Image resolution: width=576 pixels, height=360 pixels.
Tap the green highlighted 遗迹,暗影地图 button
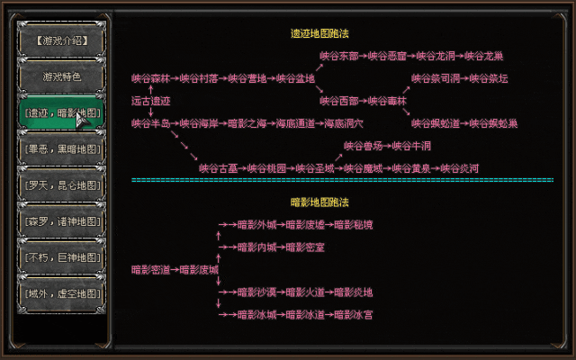(61, 112)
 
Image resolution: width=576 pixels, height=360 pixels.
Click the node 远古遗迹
(150, 101)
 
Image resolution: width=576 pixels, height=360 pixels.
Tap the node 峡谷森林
(149, 78)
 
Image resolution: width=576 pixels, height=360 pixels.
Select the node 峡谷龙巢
(483, 56)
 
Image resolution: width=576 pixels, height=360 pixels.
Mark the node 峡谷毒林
(388, 101)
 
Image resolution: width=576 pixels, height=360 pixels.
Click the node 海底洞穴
(343, 122)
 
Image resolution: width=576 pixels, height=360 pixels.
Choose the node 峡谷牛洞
(412, 145)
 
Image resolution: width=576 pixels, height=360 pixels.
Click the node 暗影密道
(149, 269)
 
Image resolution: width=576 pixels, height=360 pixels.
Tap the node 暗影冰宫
(354, 315)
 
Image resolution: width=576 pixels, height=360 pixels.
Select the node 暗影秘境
(354, 224)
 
